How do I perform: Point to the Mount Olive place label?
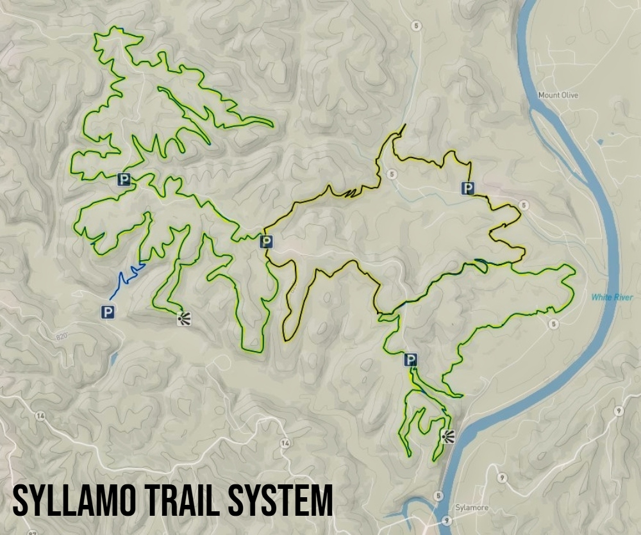coord(558,95)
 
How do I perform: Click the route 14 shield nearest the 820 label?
coord(41,416)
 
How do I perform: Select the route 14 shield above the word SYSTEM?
coord(285,443)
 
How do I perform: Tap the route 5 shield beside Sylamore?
coord(438,496)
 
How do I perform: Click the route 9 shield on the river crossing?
coord(445,522)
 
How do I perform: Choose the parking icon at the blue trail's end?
coord(108,312)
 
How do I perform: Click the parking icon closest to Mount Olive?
coord(469,188)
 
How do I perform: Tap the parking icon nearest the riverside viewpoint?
coord(411,360)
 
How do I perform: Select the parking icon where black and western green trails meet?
coord(266,242)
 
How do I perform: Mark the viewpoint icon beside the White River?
coord(447,437)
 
